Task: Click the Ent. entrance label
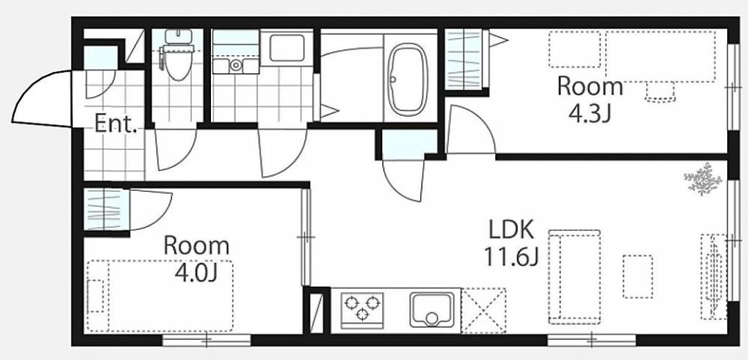coord(116,123)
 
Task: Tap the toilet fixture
coord(178,55)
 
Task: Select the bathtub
coord(407,79)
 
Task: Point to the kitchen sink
coord(432,310)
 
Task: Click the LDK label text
coord(511,231)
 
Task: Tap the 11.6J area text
coord(512,257)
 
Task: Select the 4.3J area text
coord(589,114)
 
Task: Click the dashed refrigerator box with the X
coord(483,311)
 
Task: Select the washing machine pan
coord(286,48)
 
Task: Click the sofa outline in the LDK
coord(574,277)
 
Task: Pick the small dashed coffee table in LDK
coord(638,276)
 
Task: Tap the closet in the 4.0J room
coord(106,210)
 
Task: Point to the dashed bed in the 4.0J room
coord(160,296)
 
